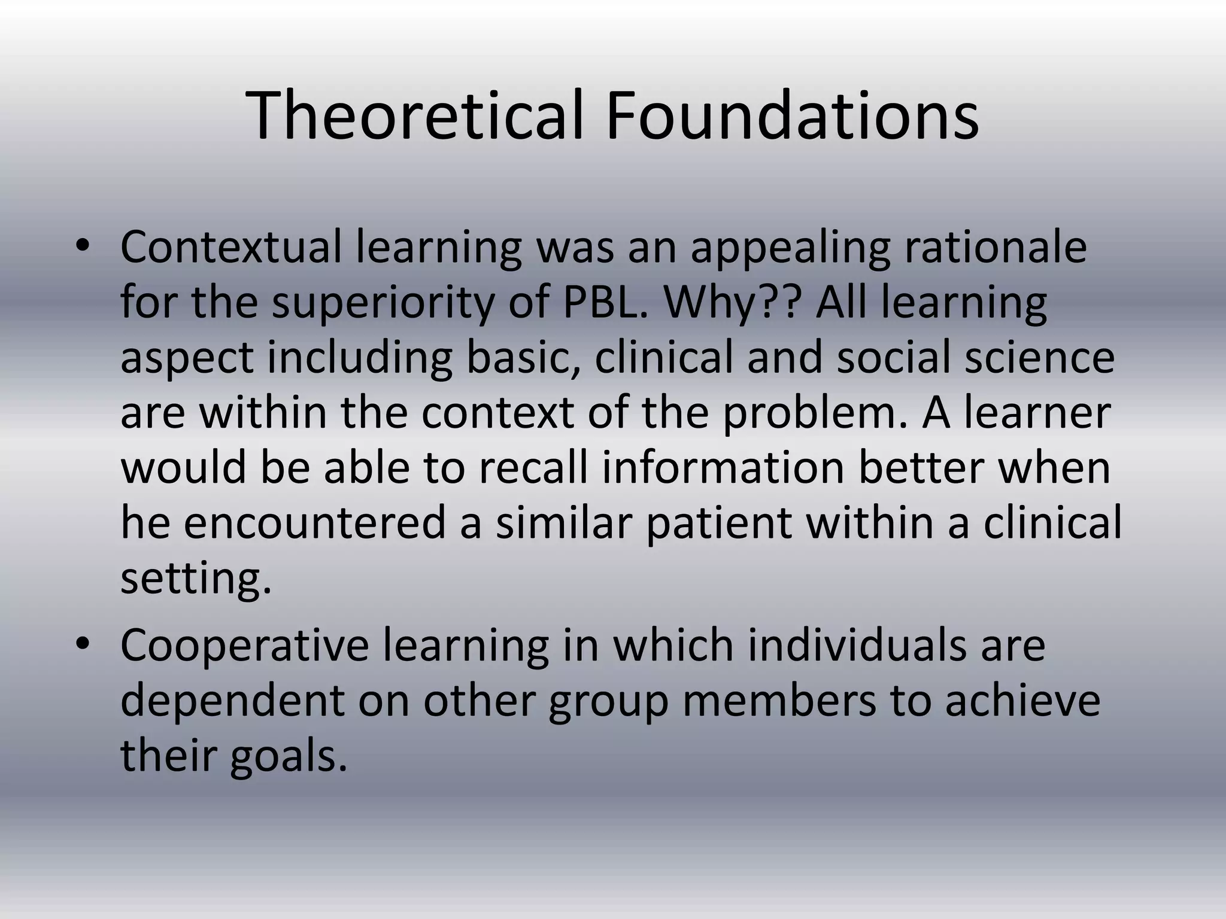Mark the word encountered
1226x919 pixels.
[x=315, y=522]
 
